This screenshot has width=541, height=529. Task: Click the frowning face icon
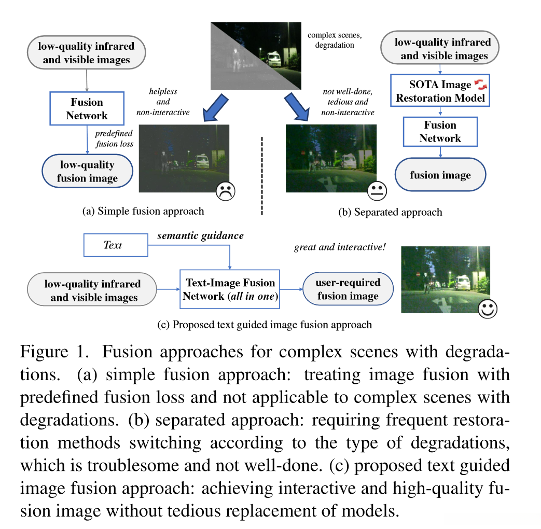pyautogui.click(x=226, y=191)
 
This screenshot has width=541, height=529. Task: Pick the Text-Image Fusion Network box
pyautogui.click(x=229, y=289)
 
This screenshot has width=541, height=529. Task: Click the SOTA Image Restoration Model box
pyautogui.click(x=440, y=91)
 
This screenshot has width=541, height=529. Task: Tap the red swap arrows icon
pyautogui.click(x=480, y=84)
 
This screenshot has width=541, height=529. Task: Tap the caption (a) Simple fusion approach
pyautogui.click(x=143, y=211)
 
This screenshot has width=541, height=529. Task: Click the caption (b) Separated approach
pyautogui.click(x=390, y=212)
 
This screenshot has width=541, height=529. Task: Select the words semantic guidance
pyautogui.click(x=200, y=236)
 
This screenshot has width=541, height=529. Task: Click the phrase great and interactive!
pyautogui.click(x=340, y=247)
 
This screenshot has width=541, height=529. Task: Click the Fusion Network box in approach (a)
pyautogui.click(x=87, y=108)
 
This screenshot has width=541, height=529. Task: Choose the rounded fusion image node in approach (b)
pyautogui.click(x=440, y=175)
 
